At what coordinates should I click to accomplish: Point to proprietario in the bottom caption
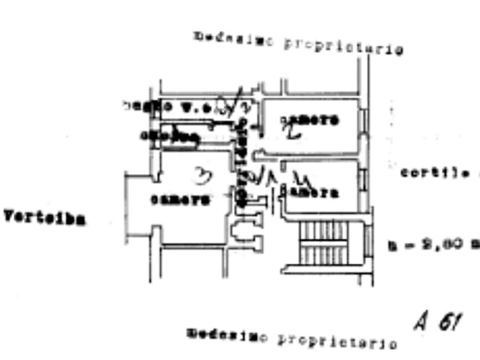337,341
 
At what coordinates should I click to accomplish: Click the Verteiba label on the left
45,218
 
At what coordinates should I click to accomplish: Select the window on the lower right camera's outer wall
364,177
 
